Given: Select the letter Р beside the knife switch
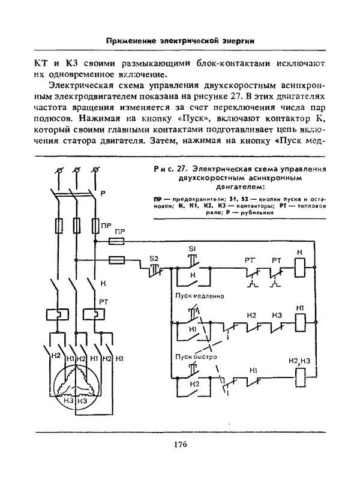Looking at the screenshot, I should (x=103, y=193).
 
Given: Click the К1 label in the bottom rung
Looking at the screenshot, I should (x=254, y=370).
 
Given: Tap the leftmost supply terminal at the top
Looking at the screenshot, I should (x=58, y=172).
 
